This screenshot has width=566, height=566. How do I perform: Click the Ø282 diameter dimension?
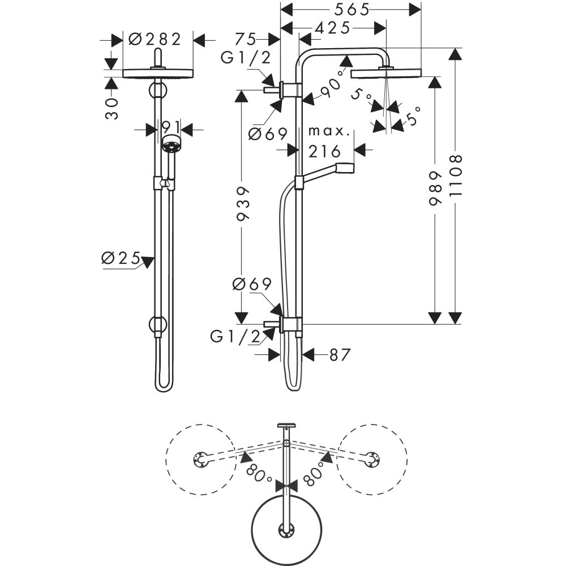pos(155,39)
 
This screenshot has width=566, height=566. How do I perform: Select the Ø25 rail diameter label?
pos(121,258)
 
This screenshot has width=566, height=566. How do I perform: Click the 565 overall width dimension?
pos(351,9)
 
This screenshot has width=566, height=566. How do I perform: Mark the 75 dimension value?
pos(245,39)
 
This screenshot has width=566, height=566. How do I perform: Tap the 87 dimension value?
pos(340,355)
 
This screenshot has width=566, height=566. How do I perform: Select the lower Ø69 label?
pos(252,284)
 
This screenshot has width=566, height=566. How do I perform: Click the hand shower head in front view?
pos(171,144)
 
